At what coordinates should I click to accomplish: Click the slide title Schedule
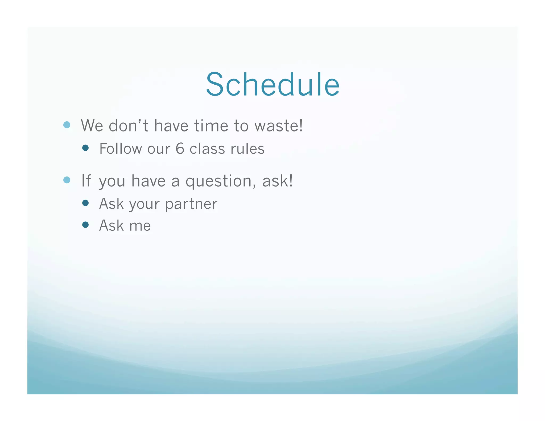tap(272, 84)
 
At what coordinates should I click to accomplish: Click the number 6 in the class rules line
tap(180, 148)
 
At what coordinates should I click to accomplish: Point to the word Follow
tap(120, 148)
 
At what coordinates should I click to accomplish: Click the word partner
tap(191, 204)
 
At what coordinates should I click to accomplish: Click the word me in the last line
tap(140, 226)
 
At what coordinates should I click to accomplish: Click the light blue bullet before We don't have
tap(67, 125)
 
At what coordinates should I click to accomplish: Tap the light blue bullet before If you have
tap(67, 180)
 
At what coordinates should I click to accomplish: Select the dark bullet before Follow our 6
tap(85, 148)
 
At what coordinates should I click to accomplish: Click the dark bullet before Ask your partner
tap(85, 203)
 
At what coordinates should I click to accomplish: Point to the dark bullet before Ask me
tap(85, 225)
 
